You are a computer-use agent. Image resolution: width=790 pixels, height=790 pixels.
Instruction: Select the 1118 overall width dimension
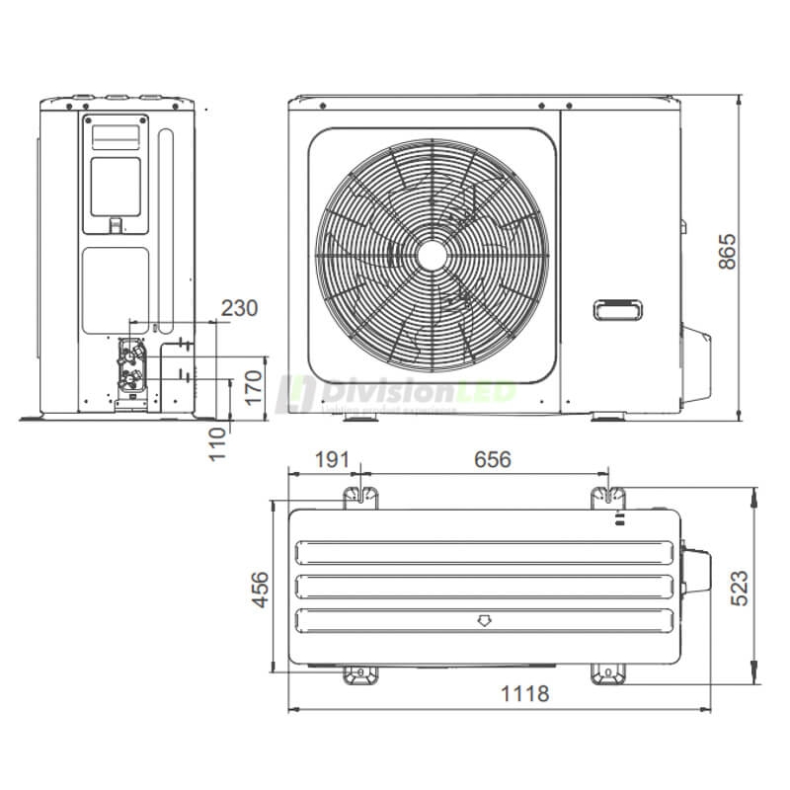coord(524,693)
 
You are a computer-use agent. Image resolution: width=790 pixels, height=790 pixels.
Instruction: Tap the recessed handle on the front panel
coord(619,310)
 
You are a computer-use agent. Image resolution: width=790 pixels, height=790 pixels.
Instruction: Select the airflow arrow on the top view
coord(484,621)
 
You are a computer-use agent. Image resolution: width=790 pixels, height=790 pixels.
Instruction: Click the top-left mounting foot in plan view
coord(359,496)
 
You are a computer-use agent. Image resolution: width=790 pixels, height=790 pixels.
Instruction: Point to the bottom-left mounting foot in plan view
coord(359,674)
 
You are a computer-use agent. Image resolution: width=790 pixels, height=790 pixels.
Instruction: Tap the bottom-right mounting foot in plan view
coord(608,674)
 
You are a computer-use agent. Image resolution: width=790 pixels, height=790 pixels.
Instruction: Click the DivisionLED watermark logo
coord(395,392)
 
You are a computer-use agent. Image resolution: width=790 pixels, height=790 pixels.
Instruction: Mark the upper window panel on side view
coord(116,185)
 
